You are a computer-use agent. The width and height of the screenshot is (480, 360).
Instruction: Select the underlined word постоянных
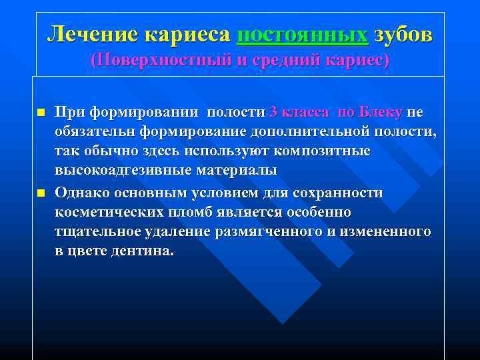[302, 35]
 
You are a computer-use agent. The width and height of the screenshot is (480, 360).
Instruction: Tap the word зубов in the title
[403, 35]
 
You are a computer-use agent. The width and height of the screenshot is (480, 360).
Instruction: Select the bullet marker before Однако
[41, 194]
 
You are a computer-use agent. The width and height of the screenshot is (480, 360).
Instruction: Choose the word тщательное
[97, 231]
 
